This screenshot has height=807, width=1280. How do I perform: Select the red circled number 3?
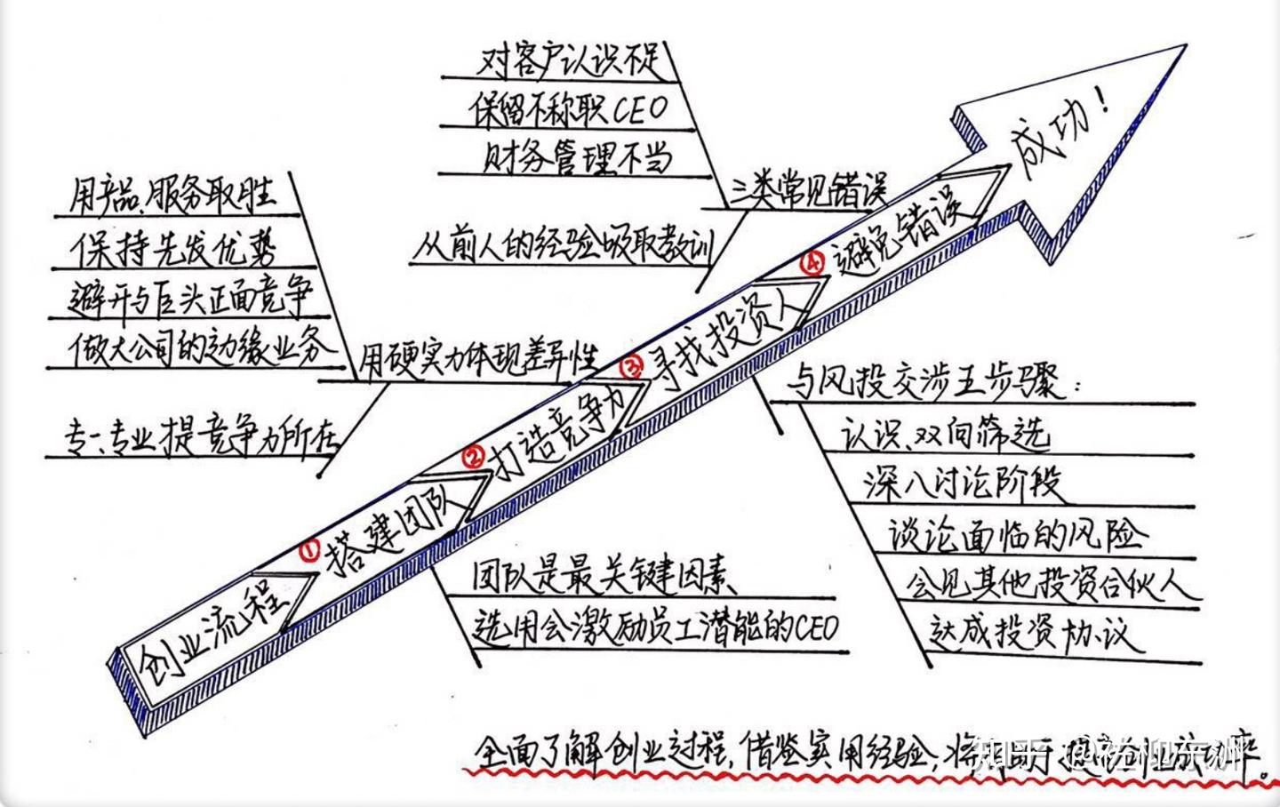(x=632, y=366)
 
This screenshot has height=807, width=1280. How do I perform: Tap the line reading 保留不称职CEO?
(x=569, y=110)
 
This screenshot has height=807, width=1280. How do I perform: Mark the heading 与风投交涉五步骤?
(x=933, y=383)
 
